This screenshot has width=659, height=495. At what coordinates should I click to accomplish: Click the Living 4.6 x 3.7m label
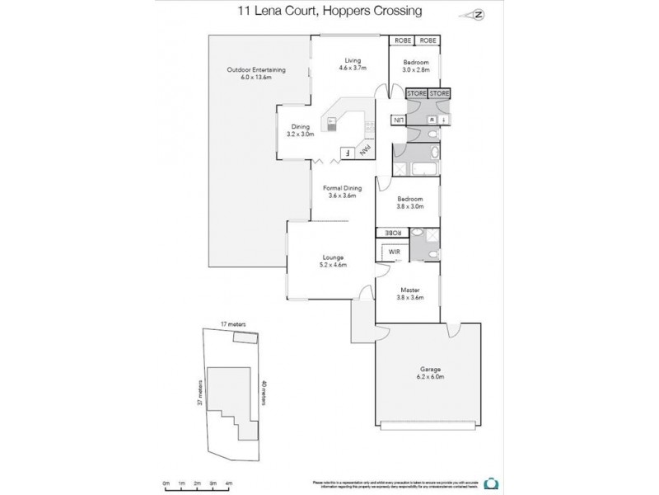(x=353, y=65)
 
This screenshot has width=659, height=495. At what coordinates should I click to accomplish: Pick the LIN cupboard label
(x=398, y=120)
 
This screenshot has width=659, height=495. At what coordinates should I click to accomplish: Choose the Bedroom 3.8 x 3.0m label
(x=409, y=203)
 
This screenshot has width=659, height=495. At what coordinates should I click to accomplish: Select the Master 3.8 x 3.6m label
(x=409, y=294)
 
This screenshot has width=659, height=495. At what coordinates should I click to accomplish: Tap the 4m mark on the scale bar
(x=228, y=483)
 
